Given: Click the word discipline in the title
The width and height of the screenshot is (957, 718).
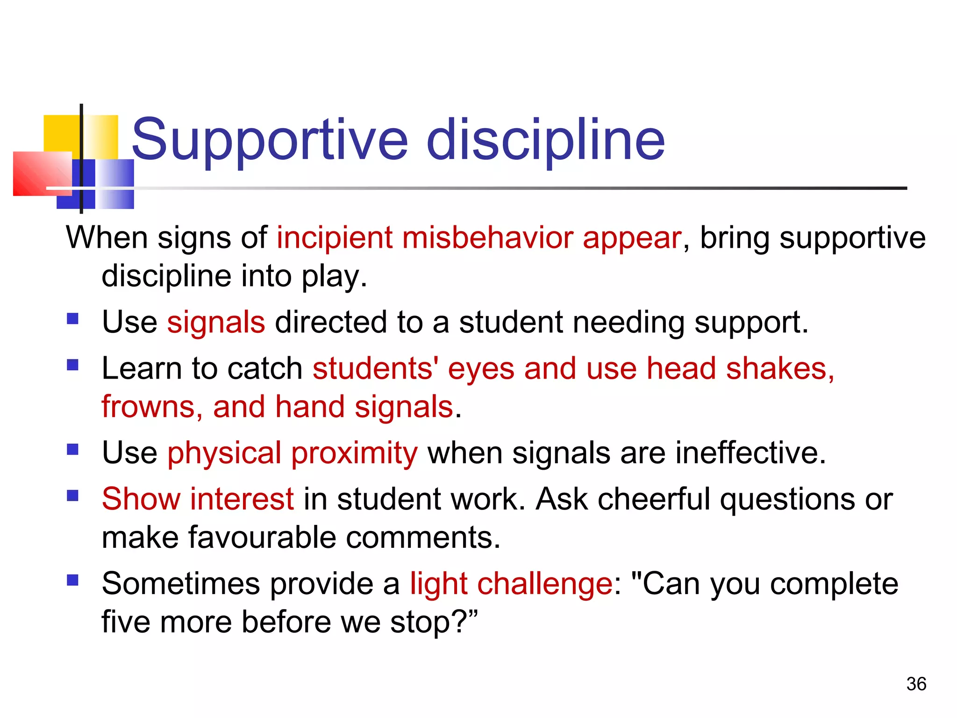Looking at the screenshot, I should pyautogui.click(x=546, y=139).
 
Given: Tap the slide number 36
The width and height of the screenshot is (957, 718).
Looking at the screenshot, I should pyautogui.click(x=916, y=684).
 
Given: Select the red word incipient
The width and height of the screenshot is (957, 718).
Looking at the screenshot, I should pyautogui.click(x=335, y=238).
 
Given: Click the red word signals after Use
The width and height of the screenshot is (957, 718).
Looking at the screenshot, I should pyautogui.click(x=216, y=323).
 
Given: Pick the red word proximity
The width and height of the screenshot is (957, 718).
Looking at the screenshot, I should pyautogui.click(x=354, y=453).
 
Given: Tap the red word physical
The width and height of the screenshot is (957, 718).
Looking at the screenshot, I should pyautogui.click(x=224, y=453).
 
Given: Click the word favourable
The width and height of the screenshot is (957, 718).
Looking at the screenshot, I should pyautogui.click(x=262, y=538).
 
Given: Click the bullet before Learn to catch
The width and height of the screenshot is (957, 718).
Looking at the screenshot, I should pyautogui.click(x=72, y=365).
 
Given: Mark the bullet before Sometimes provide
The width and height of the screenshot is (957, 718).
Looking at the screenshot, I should pyautogui.click(x=72, y=580).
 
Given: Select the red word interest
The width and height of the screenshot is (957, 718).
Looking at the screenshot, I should pyautogui.click(x=242, y=499).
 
